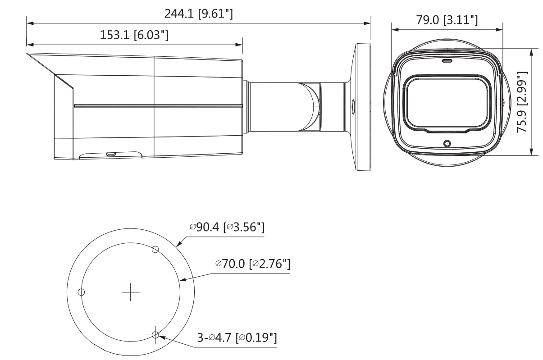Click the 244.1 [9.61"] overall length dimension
tap(198, 15)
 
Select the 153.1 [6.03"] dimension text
tap(134, 36)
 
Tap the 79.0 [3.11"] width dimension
tap(447, 21)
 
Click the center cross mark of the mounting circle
tap(131, 293)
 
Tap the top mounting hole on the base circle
tap(155, 249)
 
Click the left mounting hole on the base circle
tap(81, 292)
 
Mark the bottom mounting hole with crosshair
tap(155, 335)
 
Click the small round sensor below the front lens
tap(447, 143)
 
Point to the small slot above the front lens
tap(447, 60)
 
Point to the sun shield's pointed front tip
tap(28, 54)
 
